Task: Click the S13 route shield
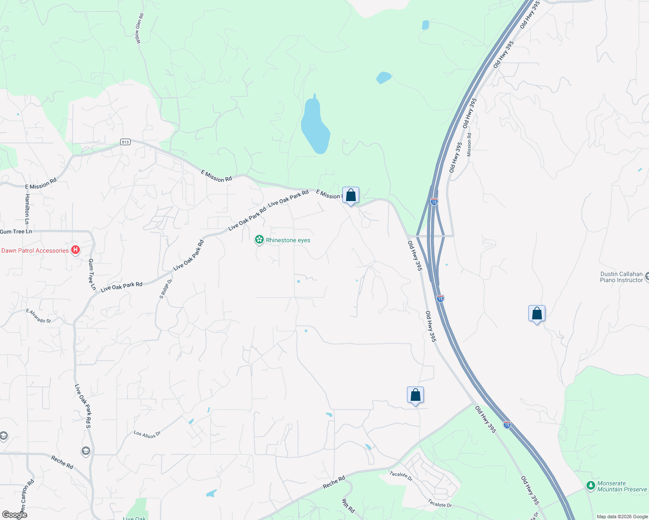tap(125, 142)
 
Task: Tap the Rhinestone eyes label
tap(288, 240)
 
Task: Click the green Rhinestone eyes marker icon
tap(259, 239)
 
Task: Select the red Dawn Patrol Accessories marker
tap(75, 250)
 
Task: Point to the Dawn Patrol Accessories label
tap(35, 250)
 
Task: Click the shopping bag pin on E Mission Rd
tap(351, 195)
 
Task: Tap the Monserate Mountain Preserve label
tap(622, 486)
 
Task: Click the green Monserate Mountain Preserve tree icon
tap(590, 485)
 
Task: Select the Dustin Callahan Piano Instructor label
tap(621, 277)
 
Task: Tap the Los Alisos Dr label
tap(147, 434)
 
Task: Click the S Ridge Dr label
tap(166, 289)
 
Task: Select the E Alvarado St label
tap(39, 316)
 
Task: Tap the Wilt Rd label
tap(348, 506)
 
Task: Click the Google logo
tap(14, 515)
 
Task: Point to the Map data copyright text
tap(622, 517)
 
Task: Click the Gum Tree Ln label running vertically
tap(92, 274)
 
